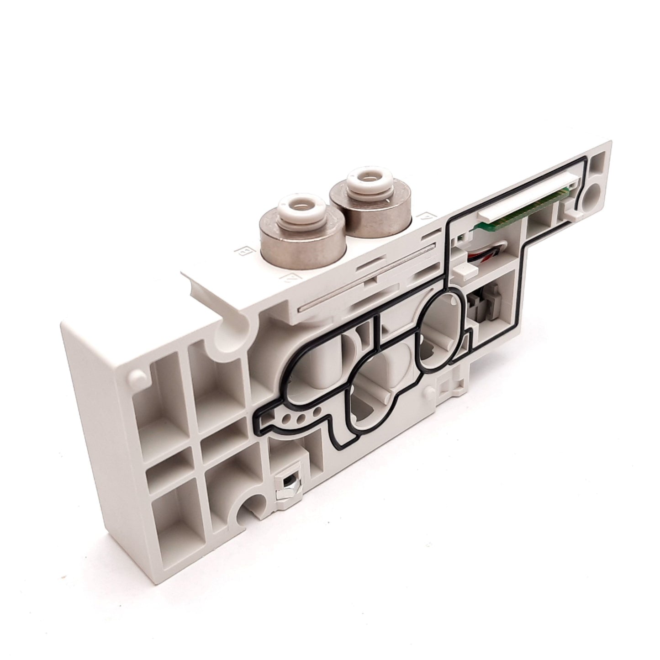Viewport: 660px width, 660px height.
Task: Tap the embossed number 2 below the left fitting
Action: (x=288, y=277)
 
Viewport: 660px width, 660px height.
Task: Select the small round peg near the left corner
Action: (x=135, y=375)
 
